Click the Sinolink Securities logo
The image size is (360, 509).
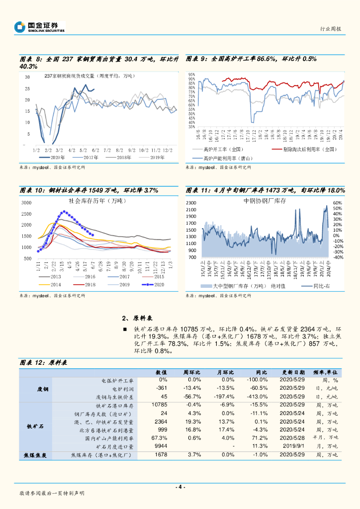coord(40,27)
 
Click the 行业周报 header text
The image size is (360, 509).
coord(330,29)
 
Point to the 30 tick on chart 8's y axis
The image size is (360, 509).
coord(27,77)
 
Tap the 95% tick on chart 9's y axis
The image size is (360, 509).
coord(191,75)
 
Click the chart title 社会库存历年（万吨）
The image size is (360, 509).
coord(97,201)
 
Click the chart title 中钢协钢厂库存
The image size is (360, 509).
coord(265,200)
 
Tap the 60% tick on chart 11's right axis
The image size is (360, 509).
coord(337,203)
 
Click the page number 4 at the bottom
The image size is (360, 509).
coord(180,487)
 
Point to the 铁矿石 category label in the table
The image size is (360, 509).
coord(35,426)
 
